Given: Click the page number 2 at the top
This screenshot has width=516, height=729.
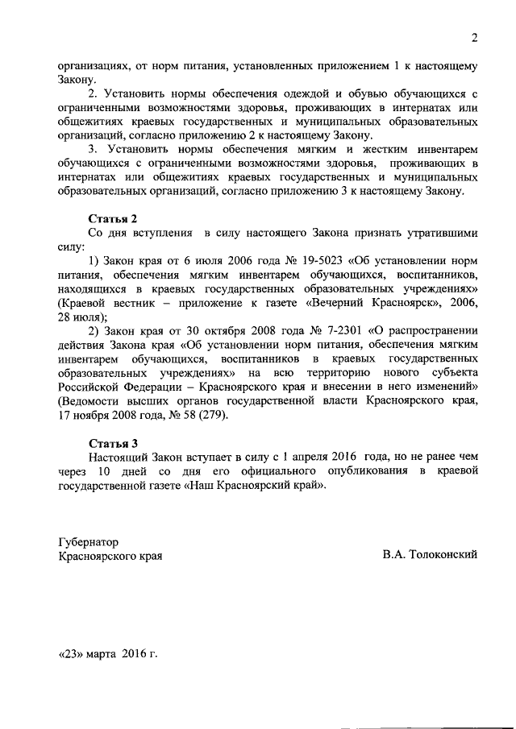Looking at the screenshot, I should [475, 37].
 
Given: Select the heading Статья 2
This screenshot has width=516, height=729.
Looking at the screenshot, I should [113, 218].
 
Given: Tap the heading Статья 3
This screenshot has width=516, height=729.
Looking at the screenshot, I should [113, 442].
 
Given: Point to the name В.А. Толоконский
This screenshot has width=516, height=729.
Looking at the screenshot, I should [431, 555].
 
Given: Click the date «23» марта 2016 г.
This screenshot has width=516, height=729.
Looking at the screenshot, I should [108, 653].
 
